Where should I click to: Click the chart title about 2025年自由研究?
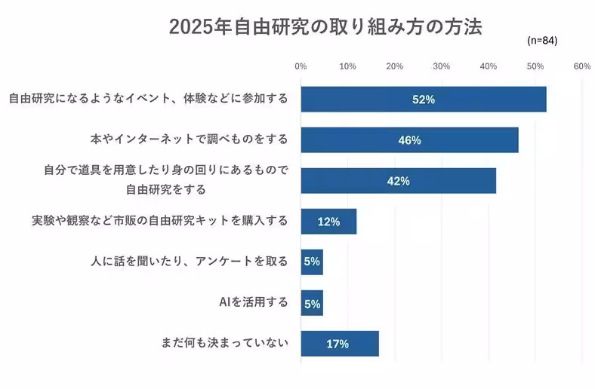[x=325, y=27]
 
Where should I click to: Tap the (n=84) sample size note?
[x=542, y=41]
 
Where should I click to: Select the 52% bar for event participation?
[x=423, y=100]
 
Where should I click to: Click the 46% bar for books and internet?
[x=409, y=140]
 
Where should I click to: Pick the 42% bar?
[x=398, y=181]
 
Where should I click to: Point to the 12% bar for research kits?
[x=328, y=222]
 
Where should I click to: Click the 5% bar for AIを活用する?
[x=312, y=303]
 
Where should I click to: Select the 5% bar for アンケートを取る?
[x=312, y=262]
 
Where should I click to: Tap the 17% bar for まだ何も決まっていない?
[x=339, y=344]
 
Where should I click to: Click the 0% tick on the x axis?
[x=301, y=66]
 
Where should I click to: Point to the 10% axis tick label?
[x=347, y=66]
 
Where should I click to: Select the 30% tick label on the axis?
[x=441, y=66]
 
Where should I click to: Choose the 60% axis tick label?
[x=582, y=66]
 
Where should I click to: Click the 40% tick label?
[x=488, y=66]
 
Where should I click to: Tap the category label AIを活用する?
[x=253, y=302]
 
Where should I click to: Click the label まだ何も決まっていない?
[x=224, y=344]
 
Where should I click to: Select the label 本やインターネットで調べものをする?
[x=189, y=139]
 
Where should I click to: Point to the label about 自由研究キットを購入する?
[x=160, y=221]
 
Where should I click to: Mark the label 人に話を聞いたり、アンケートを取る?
[x=189, y=262]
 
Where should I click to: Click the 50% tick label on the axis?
[x=535, y=66]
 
